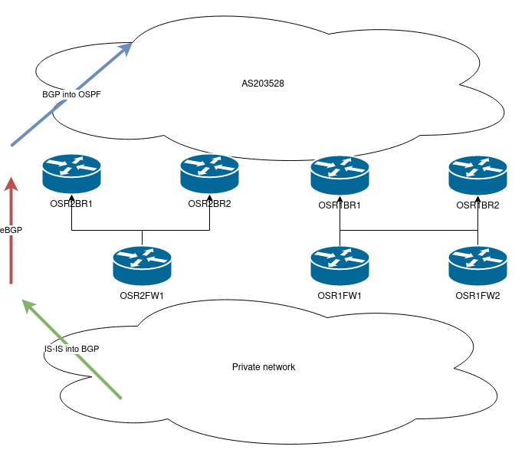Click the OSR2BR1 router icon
point(71,175)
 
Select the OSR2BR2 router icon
point(209,175)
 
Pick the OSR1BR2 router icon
point(477,175)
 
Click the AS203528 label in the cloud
point(263,82)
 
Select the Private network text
point(264,367)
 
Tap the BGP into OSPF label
point(71,94)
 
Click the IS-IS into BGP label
point(71,349)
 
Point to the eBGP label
point(11,229)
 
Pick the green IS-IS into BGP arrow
point(77,353)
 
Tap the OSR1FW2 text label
point(477,295)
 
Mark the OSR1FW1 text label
point(340,295)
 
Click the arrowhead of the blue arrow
point(126,48)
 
